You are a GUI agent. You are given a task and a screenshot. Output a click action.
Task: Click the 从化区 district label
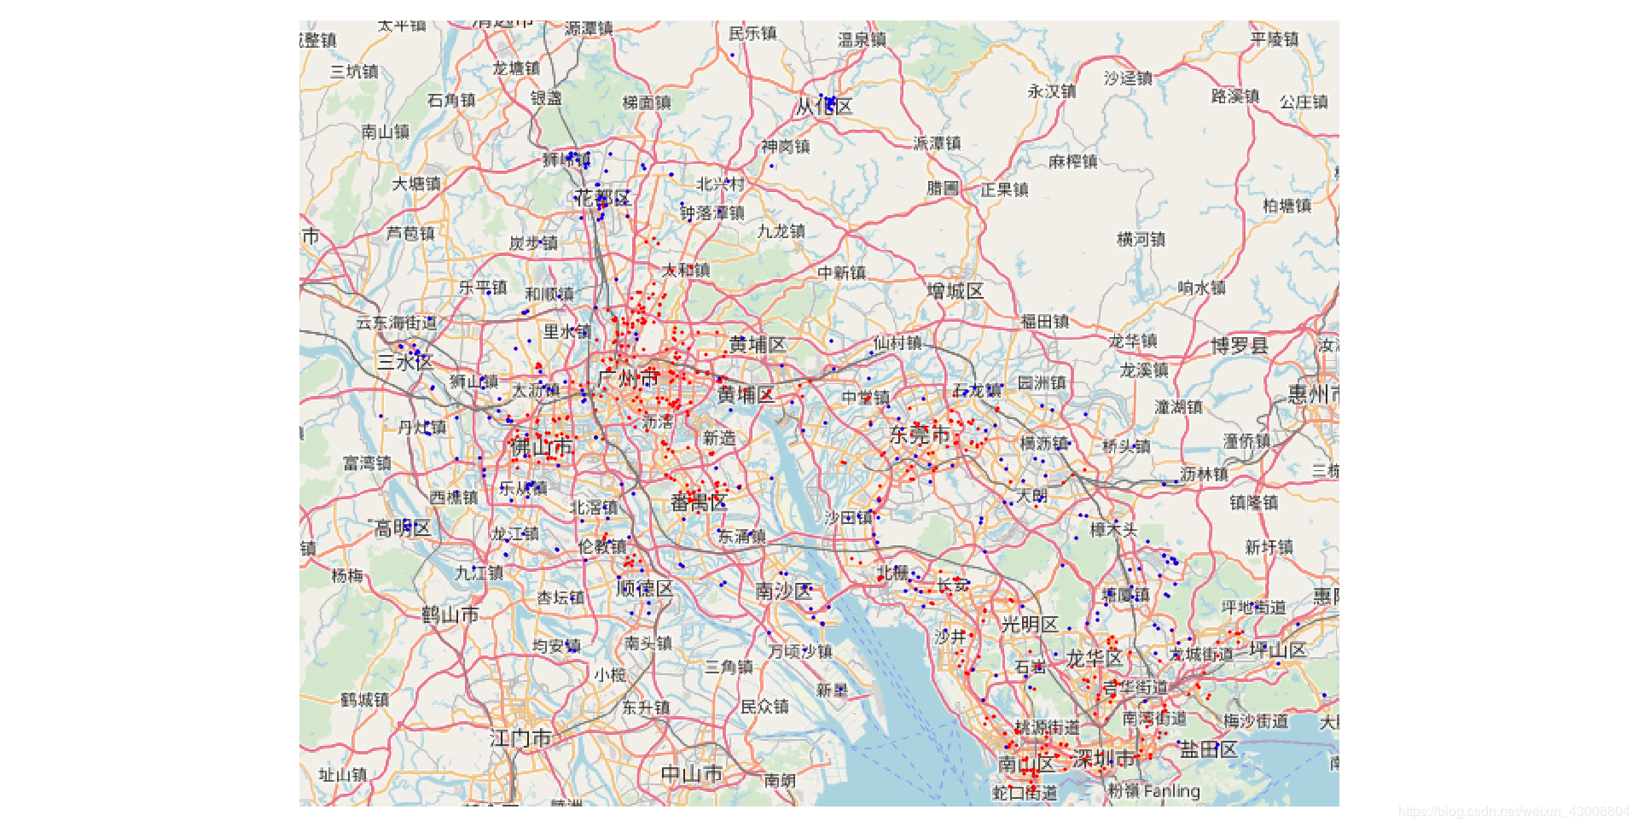[823, 108]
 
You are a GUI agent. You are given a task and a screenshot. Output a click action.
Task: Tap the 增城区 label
[955, 292]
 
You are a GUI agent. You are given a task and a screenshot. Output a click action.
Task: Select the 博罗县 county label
[1240, 347]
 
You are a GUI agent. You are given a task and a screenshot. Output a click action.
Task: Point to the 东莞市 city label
[920, 435]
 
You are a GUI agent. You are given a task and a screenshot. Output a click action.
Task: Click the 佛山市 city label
[541, 447]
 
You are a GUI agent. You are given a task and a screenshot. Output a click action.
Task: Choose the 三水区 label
[405, 362]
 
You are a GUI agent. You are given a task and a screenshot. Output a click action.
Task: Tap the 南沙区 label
[784, 591]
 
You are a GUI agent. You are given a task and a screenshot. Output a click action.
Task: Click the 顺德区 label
[645, 589]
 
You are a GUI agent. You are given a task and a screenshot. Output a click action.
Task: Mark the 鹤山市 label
[450, 615]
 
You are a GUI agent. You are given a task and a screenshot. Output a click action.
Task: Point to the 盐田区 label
[1208, 750]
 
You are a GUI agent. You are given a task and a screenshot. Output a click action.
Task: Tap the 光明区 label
[1030, 625]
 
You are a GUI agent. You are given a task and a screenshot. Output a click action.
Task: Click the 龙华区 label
[1094, 659]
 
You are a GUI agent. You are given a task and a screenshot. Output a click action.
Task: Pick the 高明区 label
[403, 528]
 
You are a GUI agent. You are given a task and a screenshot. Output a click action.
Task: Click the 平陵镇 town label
[1275, 39]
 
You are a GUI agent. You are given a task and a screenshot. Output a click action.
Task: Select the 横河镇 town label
[1141, 240]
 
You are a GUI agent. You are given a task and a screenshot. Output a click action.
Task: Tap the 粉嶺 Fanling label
[1153, 792]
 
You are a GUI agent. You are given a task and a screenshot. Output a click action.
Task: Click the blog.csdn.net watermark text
[1513, 812]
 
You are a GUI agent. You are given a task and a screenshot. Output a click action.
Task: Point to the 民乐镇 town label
[752, 33]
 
